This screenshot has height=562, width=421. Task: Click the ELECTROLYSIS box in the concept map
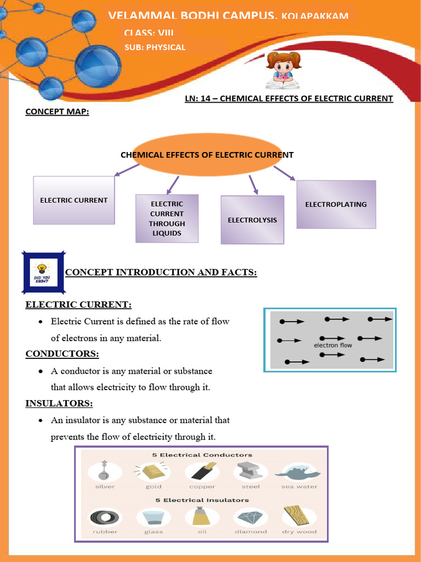point(252,220)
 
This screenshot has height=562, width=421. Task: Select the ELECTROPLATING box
point(336,204)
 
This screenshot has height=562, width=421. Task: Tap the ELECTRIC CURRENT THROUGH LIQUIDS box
point(167,218)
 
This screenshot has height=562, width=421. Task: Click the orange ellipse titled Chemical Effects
point(207,155)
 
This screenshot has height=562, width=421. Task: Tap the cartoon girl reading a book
point(283,70)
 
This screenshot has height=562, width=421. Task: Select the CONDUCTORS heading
point(62,353)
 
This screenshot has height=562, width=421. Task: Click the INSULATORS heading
point(59,403)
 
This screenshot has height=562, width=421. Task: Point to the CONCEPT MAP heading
point(57,112)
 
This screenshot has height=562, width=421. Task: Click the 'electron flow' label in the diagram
point(333,345)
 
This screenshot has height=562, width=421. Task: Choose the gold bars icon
point(152,471)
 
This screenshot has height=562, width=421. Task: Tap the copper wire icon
point(202,471)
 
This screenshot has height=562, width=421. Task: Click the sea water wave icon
point(298,471)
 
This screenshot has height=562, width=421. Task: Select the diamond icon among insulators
point(251,517)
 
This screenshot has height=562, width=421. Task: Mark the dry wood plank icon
point(297,516)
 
